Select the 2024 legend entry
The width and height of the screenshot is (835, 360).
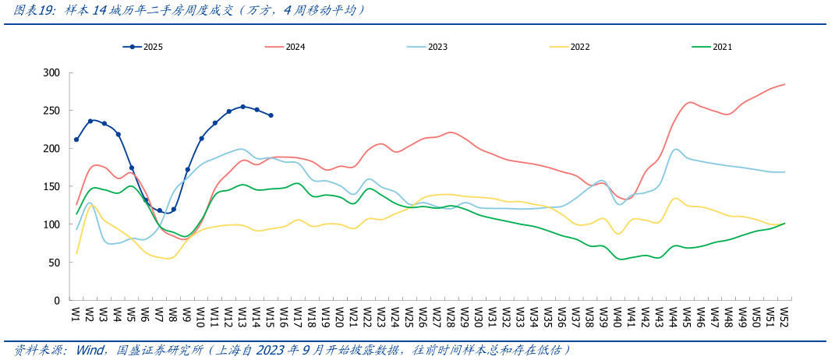click(285, 47)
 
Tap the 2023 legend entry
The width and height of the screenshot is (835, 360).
click(426, 47)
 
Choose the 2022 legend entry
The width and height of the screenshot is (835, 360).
click(569, 47)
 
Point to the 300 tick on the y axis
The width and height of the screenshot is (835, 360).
click(51, 72)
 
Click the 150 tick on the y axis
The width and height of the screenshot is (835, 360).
click(51, 186)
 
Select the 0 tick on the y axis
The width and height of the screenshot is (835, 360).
click(56, 300)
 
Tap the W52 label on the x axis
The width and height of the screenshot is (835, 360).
click(784, 315)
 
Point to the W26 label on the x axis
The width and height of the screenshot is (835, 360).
click(423, 315)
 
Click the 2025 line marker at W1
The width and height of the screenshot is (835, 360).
click(76, 139)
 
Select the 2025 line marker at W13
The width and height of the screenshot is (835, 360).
click(242, 107)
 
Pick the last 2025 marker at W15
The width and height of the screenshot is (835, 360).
click(271, 115)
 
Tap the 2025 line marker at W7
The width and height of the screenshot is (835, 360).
click(160, 210)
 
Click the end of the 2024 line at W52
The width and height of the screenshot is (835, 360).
click(784, 84)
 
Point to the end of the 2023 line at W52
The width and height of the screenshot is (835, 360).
click(784, 172)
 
